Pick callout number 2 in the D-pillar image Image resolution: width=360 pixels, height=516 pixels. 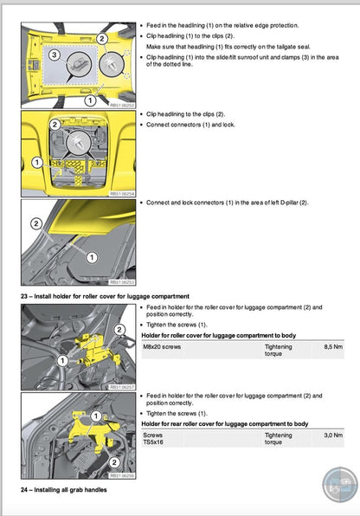click(35, 223)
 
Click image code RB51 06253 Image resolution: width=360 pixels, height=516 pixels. click(121, 282)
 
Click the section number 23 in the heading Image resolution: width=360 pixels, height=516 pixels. click(26, 297)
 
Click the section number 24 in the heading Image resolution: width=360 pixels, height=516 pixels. click(26, 490)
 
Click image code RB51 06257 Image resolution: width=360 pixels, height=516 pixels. click(121, 386)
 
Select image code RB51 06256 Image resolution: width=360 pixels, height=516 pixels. click(121, 475)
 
